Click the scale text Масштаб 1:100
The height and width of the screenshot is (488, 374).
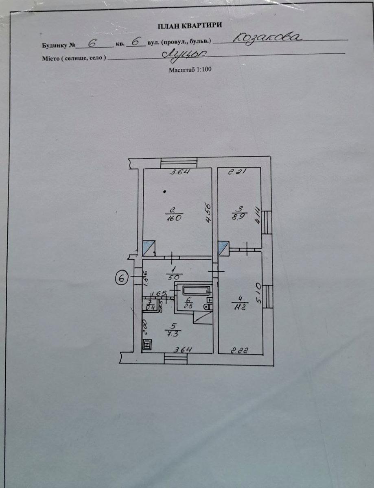190,70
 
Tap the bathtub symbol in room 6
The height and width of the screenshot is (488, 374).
196,290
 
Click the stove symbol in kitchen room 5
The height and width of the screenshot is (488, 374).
147,345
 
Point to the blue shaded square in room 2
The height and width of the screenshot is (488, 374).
149,247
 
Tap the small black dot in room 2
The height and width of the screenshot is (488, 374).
164,191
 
